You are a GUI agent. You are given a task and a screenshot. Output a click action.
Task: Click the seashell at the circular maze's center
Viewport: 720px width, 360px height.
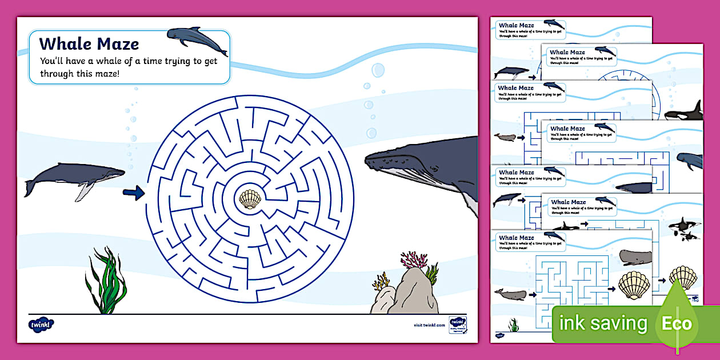[250, 199]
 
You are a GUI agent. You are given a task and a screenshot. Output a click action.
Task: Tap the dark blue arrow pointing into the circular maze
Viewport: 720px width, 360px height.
[133, 194]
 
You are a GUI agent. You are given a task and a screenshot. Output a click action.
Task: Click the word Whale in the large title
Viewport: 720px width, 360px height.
[62, 44]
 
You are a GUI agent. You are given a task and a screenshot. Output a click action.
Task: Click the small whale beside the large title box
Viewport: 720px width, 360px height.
[196, 40]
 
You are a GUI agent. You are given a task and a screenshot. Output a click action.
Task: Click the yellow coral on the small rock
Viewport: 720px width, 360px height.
[381, 281]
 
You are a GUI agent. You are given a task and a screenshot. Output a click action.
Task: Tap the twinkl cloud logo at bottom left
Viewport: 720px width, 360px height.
[41, 324]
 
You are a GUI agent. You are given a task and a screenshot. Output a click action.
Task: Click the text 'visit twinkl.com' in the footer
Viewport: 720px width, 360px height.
[429, 325]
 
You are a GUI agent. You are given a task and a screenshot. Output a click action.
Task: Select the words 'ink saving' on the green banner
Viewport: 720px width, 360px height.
[603, 324]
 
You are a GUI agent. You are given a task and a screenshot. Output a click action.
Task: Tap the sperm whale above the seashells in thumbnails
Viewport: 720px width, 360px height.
[635, 257]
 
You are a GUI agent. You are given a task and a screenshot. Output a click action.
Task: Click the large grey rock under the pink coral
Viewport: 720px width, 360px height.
[417, 291]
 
